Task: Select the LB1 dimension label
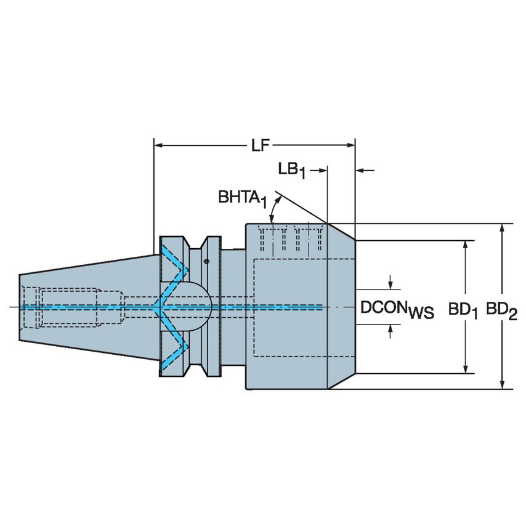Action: click(x=292, y=169)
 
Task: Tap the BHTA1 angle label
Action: click(x=242, y=198)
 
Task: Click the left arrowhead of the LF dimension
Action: click(x=158, y=146)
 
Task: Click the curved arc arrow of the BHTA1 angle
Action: click(x=270, y=212)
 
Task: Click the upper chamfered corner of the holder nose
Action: click(x=341, y=231)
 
